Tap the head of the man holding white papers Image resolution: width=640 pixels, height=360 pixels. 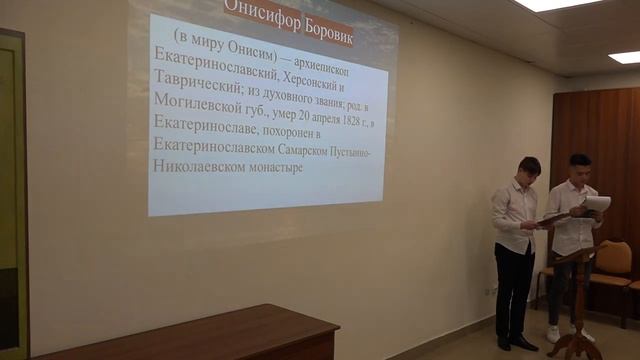coord(579,165)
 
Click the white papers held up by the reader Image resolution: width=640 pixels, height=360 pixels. coord(597,203)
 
